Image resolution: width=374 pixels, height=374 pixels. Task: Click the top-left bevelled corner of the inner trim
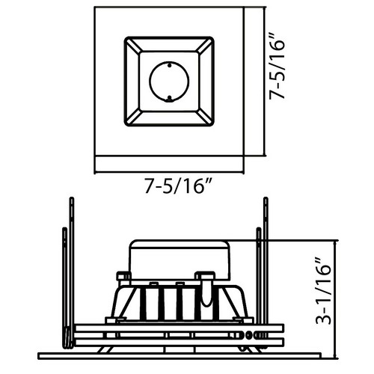tap(131, 42)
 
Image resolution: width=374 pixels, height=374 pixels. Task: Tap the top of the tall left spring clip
tap(71, 200)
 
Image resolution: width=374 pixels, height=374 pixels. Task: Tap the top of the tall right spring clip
tap(266, 200)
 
